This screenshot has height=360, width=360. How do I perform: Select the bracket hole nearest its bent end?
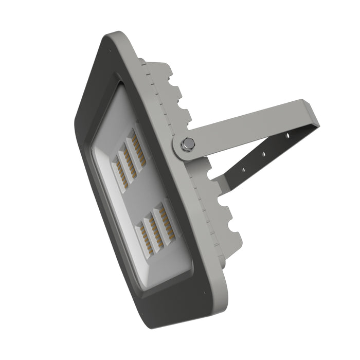(288, 137)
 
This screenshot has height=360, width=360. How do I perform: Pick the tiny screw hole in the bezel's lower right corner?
(204, 294)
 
